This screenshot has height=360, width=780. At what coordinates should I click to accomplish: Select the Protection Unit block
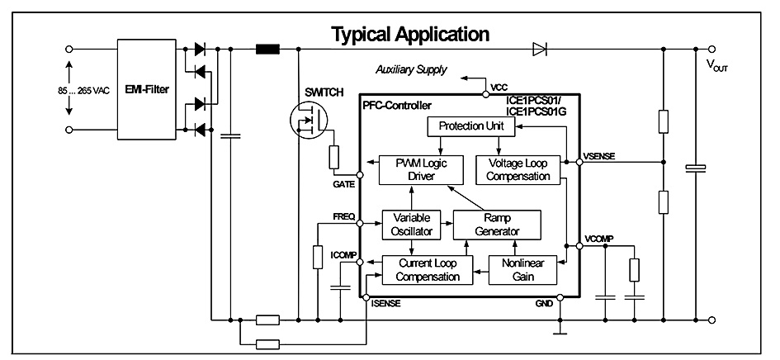(x=470, y=126)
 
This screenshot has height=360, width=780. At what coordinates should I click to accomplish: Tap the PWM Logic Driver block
(x=410, y=169)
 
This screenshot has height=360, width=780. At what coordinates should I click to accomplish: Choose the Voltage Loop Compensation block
(x=518, y=169)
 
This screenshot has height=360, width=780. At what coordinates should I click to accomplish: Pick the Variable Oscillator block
(x=410, y=224)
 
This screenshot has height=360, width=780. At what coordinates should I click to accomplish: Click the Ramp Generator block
(x=497, y=224)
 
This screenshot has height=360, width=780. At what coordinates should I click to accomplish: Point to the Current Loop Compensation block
(x=427, y=270)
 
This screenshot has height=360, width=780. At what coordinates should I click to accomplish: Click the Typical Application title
(x=410, y=35)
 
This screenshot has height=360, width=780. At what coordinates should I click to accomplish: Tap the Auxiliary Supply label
(x=411, y=69)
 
